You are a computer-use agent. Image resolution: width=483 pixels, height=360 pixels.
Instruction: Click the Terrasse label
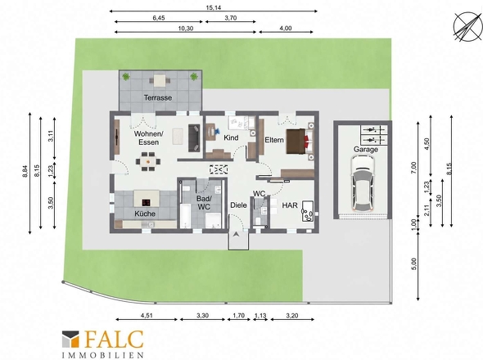click(x=158, y=97)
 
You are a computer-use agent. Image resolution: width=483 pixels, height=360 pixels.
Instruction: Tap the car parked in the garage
click(x=363, y=183)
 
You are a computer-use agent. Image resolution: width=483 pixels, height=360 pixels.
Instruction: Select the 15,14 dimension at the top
click(x=214, y=7)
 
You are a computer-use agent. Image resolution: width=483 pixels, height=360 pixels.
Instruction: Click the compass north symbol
click(x=468, y=26)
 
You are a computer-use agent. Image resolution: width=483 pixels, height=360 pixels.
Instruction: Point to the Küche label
click(x=145, y=214)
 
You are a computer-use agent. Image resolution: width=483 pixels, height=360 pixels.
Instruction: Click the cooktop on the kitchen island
click(x=146, y=202)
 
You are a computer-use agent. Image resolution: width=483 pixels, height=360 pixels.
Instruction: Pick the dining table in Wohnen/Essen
click(x=148, y=161)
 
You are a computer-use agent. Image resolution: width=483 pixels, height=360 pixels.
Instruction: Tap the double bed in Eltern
click(x=300, y=142)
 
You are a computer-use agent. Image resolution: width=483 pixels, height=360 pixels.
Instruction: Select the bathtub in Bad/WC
click(x=185, y=215)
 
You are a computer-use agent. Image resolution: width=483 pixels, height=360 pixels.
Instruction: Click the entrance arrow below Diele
click(x=237, y=234)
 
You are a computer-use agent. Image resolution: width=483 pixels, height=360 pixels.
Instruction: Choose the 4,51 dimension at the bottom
click(x=147, y=315)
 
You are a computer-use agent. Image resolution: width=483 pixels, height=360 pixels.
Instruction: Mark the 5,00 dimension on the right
click(x=413, y=264)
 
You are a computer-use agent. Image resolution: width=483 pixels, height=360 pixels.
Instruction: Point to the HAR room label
click(x=290, y=205)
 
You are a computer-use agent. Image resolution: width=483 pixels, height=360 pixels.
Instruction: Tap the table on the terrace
click(x=160, y=80)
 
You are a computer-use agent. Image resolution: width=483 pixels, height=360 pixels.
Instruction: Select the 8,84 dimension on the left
click(x=25, y=171)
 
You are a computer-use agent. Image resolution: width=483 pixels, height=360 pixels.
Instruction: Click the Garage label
click(x=366, y=150)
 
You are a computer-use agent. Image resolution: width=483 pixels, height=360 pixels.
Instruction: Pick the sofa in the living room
click(x=194, y=138)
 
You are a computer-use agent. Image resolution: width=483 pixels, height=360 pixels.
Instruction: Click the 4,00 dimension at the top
click(x=286, y=29)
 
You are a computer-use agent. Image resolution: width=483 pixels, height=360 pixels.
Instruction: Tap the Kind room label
click(x=231, y=137)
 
